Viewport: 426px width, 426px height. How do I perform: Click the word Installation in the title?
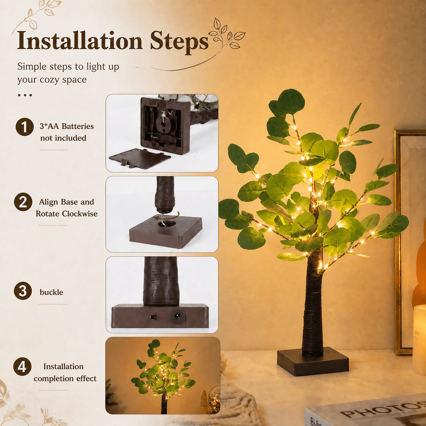tap(80, 41)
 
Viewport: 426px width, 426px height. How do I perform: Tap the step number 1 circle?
tap(25, 127)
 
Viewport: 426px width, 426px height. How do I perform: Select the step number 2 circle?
tap(23, 202)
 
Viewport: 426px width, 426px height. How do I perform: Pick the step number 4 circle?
tap(22, 366)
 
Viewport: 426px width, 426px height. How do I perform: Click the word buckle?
tap(51, 292)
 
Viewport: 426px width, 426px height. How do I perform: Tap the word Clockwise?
tap(80, 214)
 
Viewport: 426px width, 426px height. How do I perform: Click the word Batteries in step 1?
tap(78, 126)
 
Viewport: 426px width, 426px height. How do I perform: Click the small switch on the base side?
tap(152, 317)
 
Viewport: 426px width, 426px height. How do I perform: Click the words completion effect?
tap(65, 378)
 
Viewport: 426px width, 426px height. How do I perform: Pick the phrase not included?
tap(63, 138)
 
